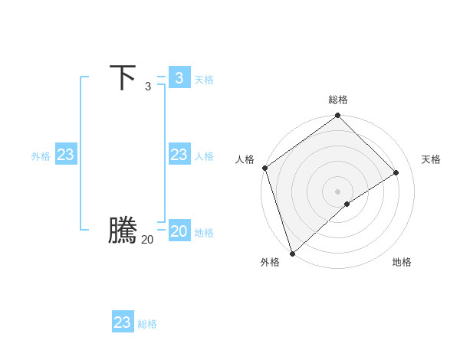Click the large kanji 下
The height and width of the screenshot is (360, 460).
(123, 77)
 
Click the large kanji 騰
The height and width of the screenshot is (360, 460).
(123, 231)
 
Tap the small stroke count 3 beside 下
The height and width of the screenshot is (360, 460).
(147, 87)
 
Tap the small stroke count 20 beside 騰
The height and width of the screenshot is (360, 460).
(147, 240)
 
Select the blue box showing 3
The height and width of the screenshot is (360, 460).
(179, 77)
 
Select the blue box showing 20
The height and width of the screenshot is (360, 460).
(179, 231)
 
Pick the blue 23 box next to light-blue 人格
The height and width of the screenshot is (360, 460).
(179, 155)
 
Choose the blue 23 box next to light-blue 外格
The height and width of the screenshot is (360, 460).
(66, 155)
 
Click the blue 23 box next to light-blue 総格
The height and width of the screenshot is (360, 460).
(123, 322)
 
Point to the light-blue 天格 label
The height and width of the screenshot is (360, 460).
(204, 80)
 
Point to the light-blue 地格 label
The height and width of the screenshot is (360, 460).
(204, 233)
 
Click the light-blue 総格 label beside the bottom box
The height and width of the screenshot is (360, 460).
(147, 325)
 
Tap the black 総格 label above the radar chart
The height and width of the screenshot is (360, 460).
(338, 100)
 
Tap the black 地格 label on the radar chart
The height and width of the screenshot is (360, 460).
(402, 262)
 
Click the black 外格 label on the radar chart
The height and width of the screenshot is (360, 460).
(269, 262)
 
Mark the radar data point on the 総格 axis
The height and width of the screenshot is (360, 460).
(338, 116)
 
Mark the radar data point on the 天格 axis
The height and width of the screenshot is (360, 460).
(396, 173)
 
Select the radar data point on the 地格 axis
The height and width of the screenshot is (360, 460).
(347, 204)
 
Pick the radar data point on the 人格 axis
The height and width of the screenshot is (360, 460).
(264, 169)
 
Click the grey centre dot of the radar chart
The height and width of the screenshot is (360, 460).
(338, 191)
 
